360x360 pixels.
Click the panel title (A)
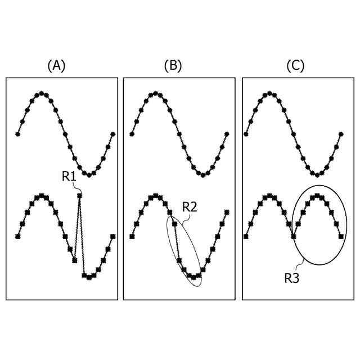[x=56, y=66]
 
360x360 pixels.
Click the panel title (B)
[x=173, y=66]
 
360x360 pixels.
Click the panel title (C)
[x=295, y=66]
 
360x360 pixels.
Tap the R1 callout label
[x=69, y=177]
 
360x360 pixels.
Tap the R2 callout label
[x=190, y=207]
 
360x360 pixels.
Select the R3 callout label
[x=291, y=277]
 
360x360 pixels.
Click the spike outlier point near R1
[x=80, y=195]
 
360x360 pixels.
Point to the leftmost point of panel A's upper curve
[x=17, y=134]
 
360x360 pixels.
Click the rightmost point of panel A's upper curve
[x=112, y=134]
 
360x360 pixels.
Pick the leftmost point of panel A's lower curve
[x=17, y=237]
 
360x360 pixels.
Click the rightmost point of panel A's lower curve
[x=112, y=237]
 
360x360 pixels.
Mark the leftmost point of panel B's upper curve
[x=132, y=134]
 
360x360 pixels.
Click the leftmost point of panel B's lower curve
[x=132, y=237]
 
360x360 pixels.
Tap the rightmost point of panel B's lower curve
[x=227, y=212]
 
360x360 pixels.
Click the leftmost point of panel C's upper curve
[x=246, y=134]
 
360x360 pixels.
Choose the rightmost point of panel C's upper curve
[x=341, y=134]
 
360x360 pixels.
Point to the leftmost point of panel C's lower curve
[x=246, y=237]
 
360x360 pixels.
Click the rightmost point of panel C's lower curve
[x=341, y=237]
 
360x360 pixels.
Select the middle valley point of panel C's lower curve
[x=293, y=237]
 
